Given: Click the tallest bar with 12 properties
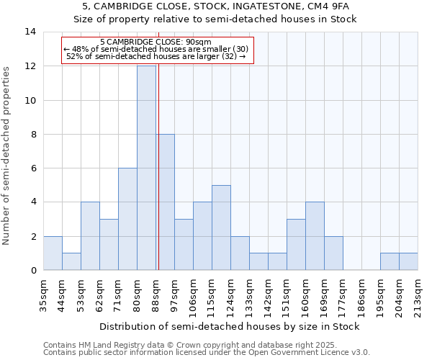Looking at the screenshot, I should coord(146,168).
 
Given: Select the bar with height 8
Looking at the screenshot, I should coord(165,202).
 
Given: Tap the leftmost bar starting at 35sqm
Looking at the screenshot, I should coord(53,253).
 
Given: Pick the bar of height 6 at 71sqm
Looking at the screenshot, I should coord(127,219).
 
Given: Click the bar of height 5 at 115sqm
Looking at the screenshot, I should coord(221,228).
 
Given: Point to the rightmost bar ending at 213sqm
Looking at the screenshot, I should coord(408,261).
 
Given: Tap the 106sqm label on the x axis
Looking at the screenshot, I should coord(193,294).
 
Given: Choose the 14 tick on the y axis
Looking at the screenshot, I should coord(30,32).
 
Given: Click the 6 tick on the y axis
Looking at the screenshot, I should coord(33,168).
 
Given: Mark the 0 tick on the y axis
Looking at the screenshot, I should coord(33,270).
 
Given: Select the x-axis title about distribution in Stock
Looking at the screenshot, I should coord(230,326).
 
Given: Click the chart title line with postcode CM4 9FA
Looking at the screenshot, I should coord(215,6).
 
